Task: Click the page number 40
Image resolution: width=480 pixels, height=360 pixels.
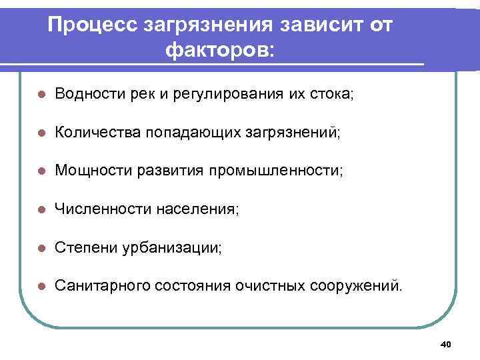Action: tap(446, 344)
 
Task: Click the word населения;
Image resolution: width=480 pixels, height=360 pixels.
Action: tap(197, 209)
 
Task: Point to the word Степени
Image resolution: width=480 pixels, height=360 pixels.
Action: tap(81, 248)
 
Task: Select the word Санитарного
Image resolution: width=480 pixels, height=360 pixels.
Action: tap(100, 286)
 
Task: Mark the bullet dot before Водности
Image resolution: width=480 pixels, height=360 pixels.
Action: tap(41, 95)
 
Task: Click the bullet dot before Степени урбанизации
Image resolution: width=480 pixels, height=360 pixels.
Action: tap(41, 248)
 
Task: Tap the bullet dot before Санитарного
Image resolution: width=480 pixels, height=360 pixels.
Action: tap(41, 286)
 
